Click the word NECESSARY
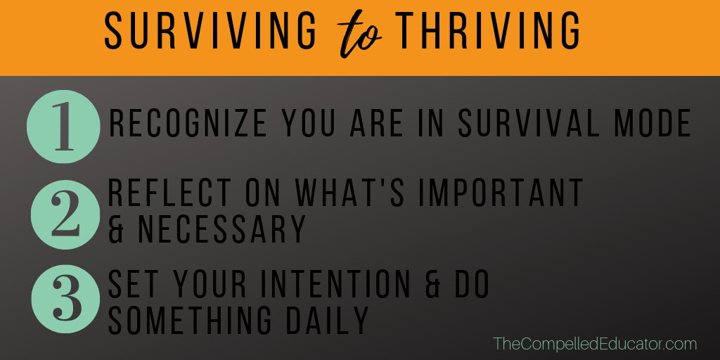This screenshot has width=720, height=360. [x=221, y=229]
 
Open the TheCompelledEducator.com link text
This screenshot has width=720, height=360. [x=595, y=344]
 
